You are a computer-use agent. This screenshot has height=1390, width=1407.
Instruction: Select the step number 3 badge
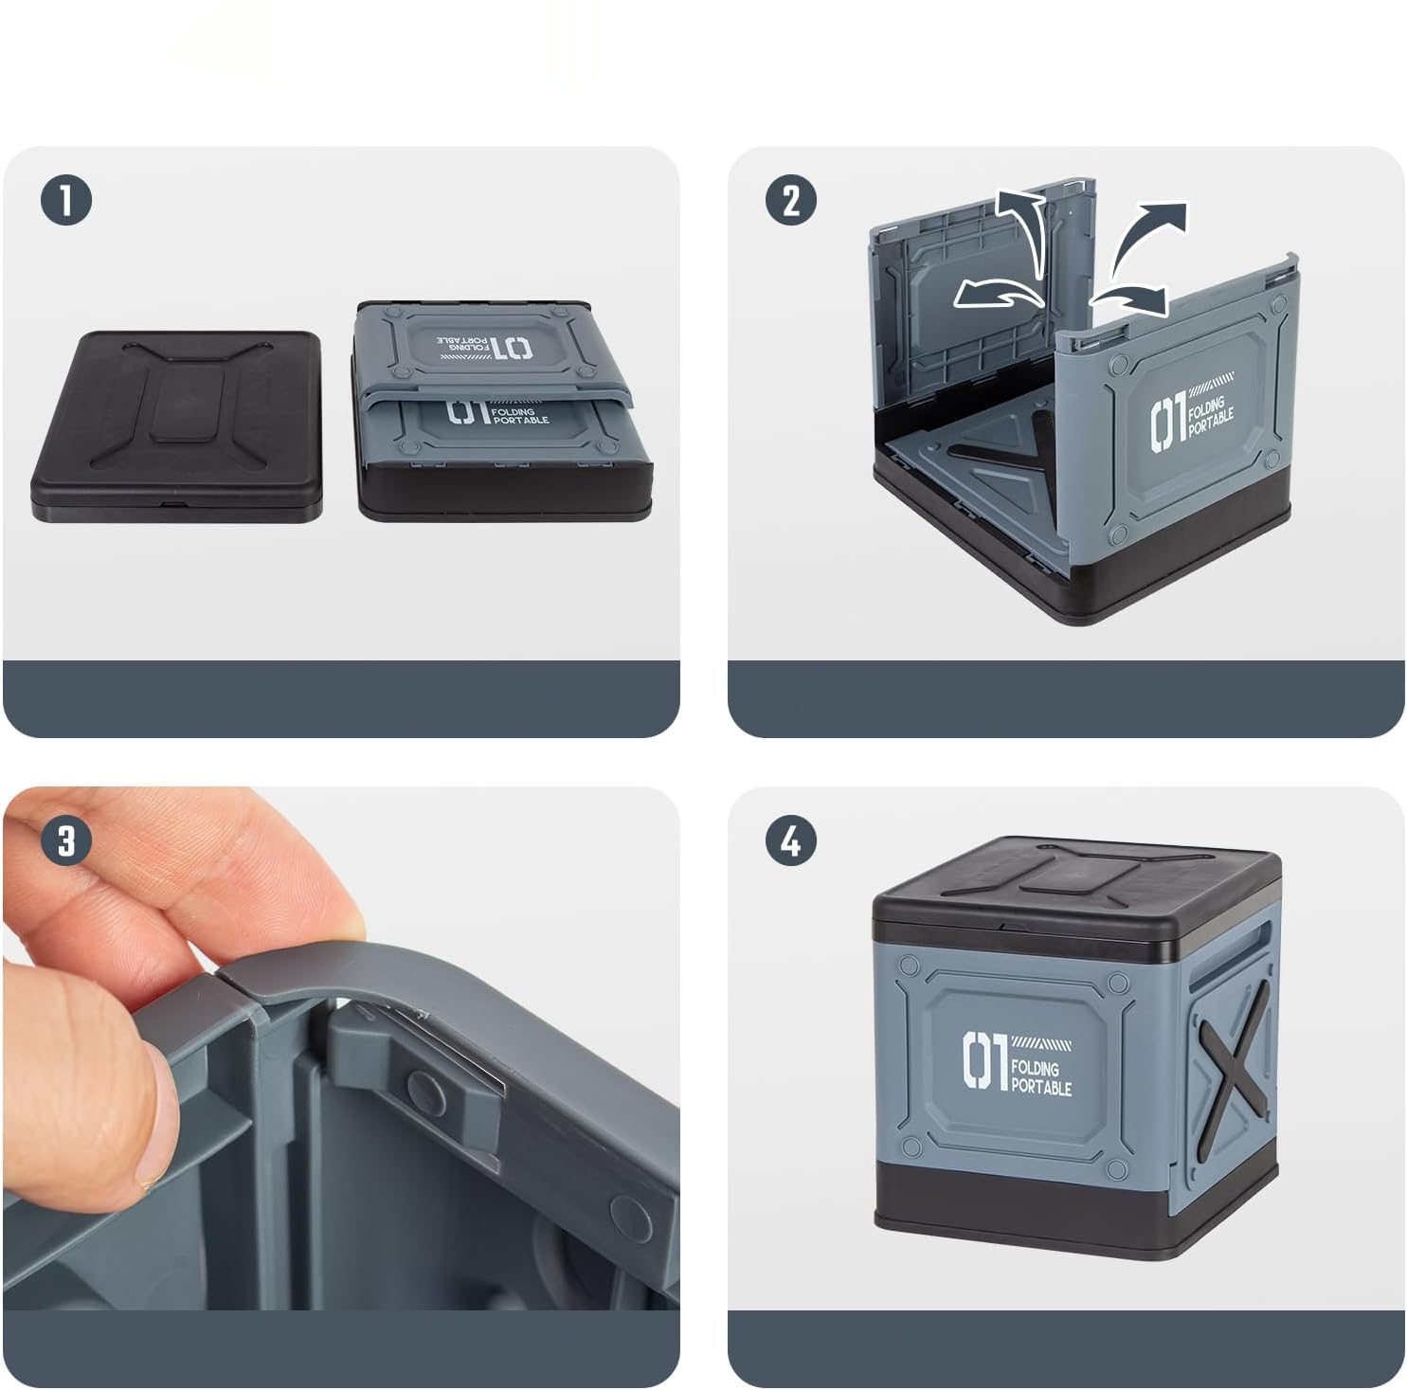click(66, 840)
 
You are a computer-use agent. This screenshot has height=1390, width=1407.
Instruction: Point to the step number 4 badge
click(791, 840)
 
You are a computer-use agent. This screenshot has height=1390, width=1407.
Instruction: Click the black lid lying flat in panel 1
click(177, 424)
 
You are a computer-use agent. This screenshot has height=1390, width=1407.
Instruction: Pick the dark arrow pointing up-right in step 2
click(1146, 243)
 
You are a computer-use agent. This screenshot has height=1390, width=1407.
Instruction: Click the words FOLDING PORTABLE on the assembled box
click(1040, 1077)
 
